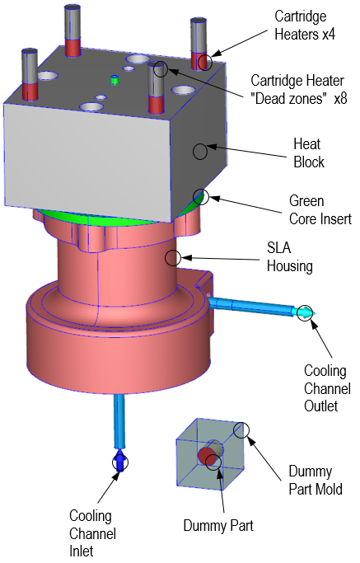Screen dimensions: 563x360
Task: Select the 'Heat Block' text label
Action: click(x=309, y=152)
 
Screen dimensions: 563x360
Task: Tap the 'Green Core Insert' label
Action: click(x=320, y=209)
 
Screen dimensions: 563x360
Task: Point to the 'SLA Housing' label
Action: click(x=291, y=256)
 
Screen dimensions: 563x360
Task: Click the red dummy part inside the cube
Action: click(x=205, y=456)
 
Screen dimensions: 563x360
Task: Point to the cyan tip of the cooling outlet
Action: click(x=306, y=312)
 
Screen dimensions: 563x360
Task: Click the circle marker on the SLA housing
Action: click(x=172, y=258)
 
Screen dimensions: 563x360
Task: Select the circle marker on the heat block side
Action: click(x=199, y=151)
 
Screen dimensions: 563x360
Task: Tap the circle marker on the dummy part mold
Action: click(x=241, y=429)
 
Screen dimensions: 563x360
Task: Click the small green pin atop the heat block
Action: click(x=115, y=80)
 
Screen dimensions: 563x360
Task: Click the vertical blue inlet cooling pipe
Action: click(x=119, y=420)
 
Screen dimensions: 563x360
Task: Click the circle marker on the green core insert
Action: click(x=201, y=196)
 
